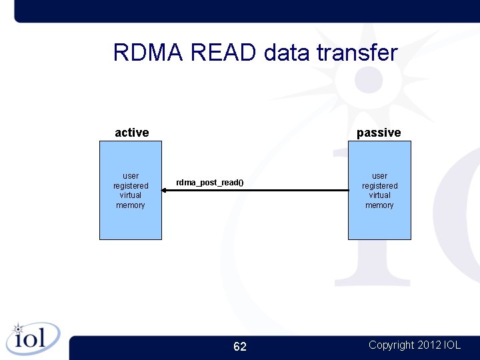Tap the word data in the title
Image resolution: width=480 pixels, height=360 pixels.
point(287,53)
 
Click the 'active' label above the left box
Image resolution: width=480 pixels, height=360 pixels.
point(132,133)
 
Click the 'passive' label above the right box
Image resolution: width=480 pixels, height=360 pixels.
point(379,133)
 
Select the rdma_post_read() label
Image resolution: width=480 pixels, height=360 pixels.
point(210,183)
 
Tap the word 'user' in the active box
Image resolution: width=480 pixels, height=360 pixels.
point(131,176)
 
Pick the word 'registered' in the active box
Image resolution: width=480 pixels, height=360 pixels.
point(131,186)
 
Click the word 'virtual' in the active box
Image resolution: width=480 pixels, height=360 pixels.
point(131,195)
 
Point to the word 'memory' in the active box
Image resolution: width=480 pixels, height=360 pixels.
point(131,205)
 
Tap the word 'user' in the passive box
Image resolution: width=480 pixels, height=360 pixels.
point(379,176)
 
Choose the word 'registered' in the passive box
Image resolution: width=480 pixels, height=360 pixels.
point(379,186)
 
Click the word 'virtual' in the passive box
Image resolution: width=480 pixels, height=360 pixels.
point(379,195)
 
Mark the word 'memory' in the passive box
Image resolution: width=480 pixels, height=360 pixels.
point(379,205)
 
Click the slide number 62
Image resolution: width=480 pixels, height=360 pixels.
point(240,347)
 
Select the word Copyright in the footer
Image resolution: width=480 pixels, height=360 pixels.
point(391,345)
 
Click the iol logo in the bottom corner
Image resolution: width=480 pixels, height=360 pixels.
point(32,338)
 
